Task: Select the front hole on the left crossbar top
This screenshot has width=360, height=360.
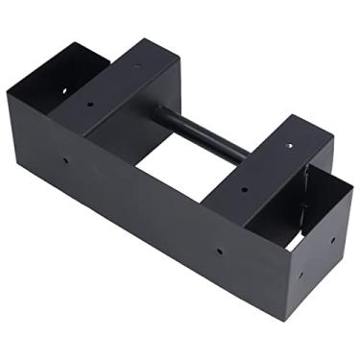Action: [x=91, y=105]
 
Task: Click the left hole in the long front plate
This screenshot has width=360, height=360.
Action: [x=64, y=159]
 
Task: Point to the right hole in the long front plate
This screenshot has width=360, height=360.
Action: [x=219, y=251]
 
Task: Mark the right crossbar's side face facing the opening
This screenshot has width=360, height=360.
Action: [x=226, y=206]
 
